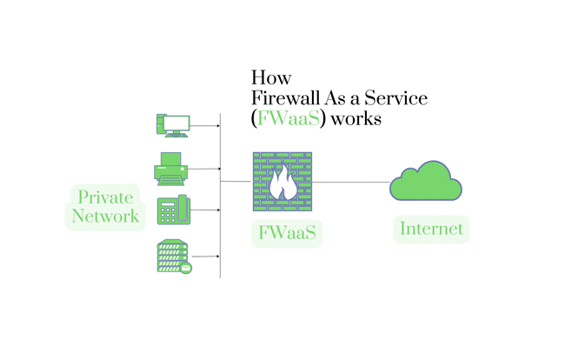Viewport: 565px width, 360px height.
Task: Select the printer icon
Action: (x=171, y=168)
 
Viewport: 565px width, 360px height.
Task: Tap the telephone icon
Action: (x=173, y=211)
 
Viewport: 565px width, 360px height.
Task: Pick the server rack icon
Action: (x=172, y=257)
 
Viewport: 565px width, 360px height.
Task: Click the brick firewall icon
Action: (x=282, y=182)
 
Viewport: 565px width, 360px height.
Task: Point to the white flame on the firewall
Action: (x=282, y=183)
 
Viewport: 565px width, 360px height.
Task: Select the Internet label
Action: (x=431, y=230)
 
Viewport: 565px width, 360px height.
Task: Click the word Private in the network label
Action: (x=106, y=197)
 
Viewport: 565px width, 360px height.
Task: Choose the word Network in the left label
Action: (x=105, y=217)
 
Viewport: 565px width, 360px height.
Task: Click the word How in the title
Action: (x=270, y=77)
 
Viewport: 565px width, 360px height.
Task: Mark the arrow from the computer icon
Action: (x=205, y=126)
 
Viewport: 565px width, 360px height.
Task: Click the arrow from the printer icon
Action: (x=205, y=169)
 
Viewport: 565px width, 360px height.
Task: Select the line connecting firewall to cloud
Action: (x=351, y=182)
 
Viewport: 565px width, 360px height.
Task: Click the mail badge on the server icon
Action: (x=186, y=268)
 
